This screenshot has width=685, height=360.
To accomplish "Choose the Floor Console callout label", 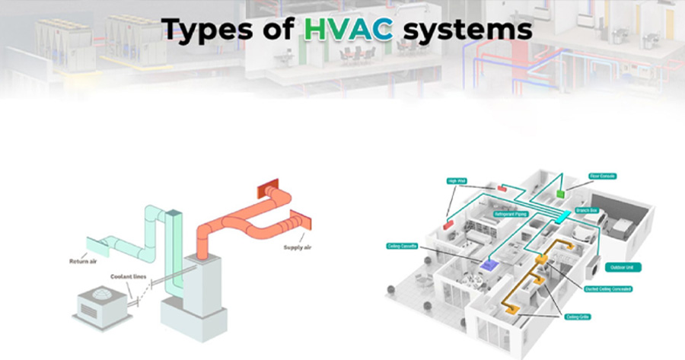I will point(602,177).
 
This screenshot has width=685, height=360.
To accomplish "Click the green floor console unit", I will point(561,193).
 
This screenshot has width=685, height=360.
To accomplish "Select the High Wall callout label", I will point(458,181).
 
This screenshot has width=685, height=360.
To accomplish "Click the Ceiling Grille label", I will point(578,316).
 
